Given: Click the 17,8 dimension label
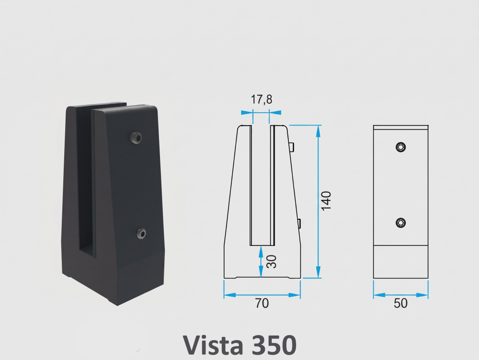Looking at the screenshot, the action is [x=261, y=99].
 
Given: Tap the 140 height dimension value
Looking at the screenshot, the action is [x=326, y=201].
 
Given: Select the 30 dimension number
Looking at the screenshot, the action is [x=271, y=262].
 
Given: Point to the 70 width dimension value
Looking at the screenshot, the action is [x=262, y=303].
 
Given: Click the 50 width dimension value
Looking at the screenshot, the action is [x=400, y=303].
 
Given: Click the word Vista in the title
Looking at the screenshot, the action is [x=213, y=344].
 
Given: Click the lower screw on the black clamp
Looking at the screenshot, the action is [x=141, y=234].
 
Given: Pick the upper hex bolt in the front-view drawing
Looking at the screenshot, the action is [x=400, y=147].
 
